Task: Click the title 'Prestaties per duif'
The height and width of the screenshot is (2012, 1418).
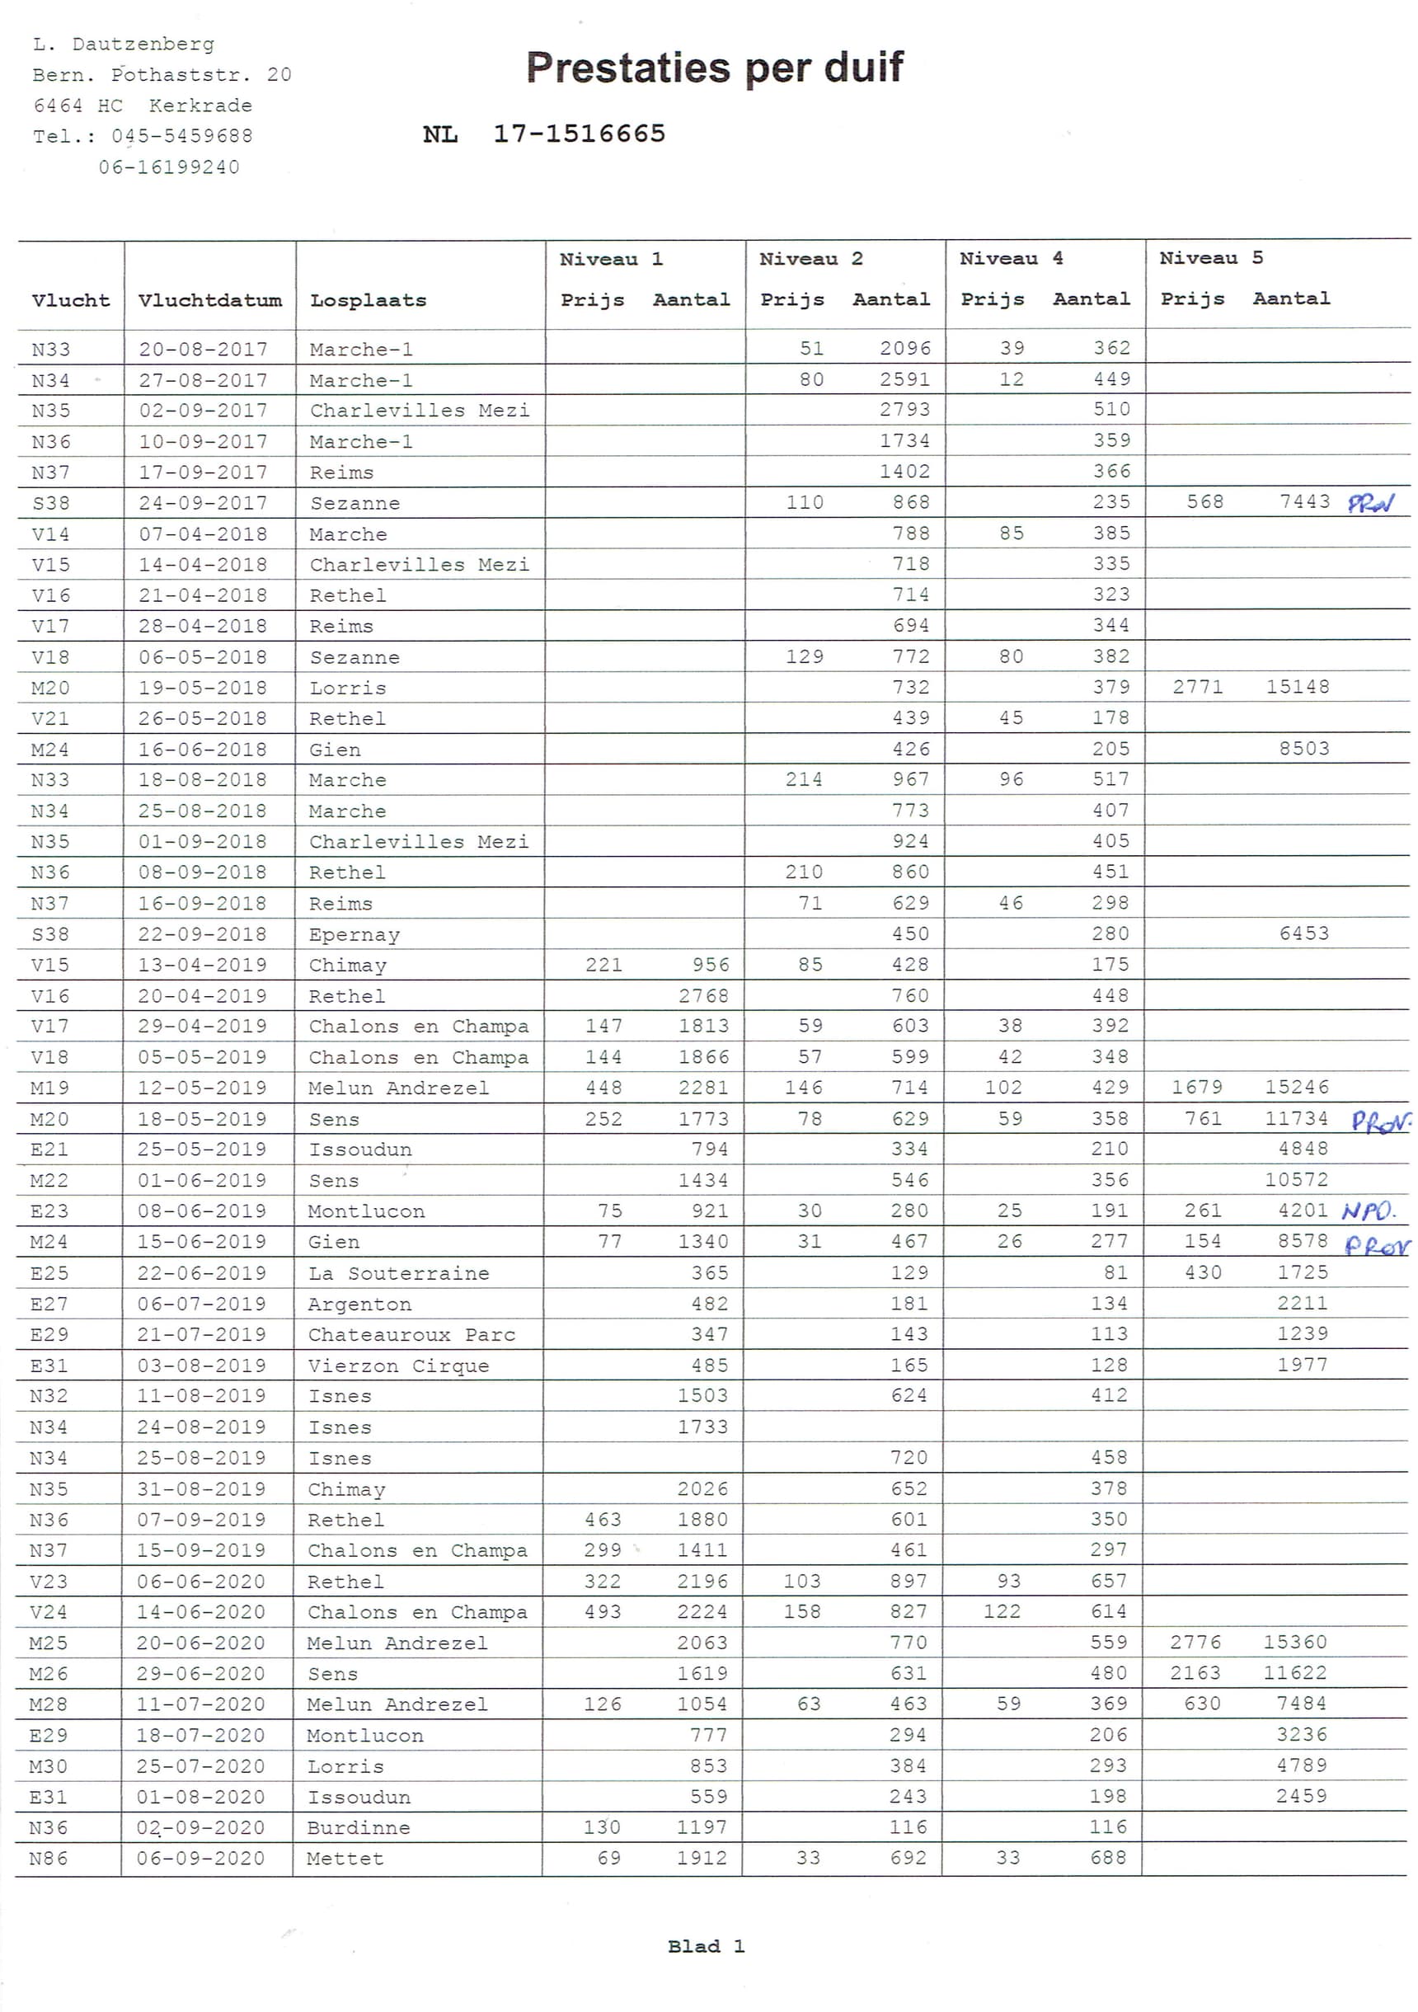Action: click(x=714, y=68)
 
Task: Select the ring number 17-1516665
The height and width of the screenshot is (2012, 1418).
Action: click(x=579, y=134)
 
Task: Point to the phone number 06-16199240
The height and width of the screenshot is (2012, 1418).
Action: click(x=168, y=167)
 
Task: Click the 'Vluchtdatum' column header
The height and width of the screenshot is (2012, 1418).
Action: click(x=209, y=301)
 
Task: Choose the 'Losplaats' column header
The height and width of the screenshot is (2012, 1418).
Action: click(x=368, y=301)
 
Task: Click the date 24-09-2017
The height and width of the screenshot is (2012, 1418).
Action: click(x=203, y=503)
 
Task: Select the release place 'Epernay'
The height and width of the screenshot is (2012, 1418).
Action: click(x=354, y=934)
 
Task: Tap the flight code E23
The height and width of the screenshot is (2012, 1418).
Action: click(x=49, y=1211)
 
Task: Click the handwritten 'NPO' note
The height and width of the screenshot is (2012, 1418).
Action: click(x=1368, y=1211)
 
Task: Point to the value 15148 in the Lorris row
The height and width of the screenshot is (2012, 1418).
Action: click(x=1297, y=687)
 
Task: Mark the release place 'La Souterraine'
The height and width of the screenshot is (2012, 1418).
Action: click(x=399, y=1273)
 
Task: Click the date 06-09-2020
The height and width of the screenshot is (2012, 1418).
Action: click(x=200, y=1859)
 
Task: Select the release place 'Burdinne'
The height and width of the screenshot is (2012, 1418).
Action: click(x=359, y=1828)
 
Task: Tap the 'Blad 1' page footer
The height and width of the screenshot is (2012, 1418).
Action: click(x=706, y=1946)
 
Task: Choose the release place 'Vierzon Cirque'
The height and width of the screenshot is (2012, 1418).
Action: click(x=398, y=1366)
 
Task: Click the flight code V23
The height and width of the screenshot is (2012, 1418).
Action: click(x=48, y=1582)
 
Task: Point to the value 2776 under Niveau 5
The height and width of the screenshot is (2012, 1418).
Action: click(x=1195, y=1643)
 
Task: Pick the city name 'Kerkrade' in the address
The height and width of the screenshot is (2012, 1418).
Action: click(x=200, y=106)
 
